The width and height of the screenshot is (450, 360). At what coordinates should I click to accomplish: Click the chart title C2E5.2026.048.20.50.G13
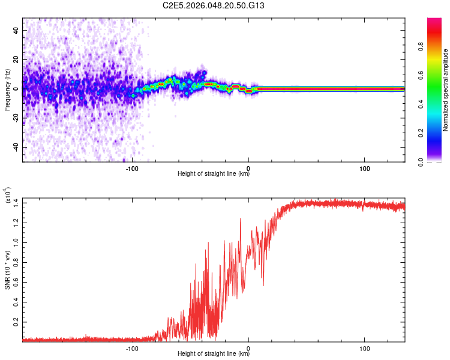222,5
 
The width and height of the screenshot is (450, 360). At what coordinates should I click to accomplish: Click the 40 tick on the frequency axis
16,30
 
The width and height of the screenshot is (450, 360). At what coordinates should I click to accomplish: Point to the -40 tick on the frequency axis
15,147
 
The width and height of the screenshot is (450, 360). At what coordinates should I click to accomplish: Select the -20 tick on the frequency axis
15,118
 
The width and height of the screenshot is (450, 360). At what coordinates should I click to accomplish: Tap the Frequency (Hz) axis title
7,89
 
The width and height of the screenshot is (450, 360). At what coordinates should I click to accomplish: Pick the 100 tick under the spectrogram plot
365,167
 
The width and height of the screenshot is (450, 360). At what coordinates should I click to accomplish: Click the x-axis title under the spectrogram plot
214,174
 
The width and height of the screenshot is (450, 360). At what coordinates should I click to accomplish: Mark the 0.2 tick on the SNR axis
15,322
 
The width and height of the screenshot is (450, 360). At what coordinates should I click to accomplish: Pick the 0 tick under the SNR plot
248,347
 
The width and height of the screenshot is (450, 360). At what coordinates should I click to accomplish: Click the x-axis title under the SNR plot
214,354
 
